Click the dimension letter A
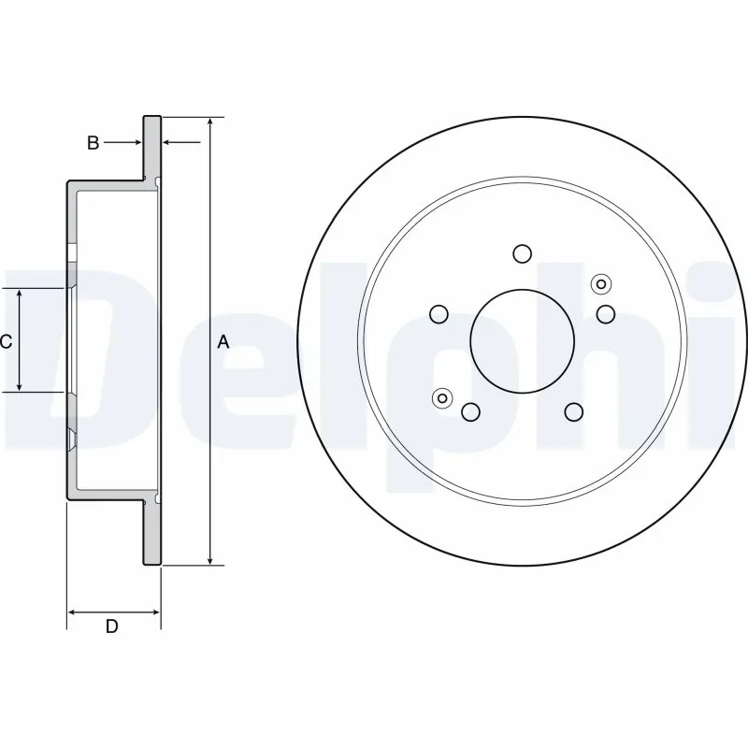point(223,342)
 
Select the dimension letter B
point(93,143)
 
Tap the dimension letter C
point(6,342)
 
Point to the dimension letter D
point(111,626)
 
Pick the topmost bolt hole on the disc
point(522,253)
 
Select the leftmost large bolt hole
point(438,313)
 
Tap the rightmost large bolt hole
point(606,313)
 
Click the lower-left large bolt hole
point(470,411)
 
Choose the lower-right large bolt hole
point(573,411)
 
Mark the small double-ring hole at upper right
point(600,284)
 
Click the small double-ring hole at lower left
point(442,398)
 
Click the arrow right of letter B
point(169,143)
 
